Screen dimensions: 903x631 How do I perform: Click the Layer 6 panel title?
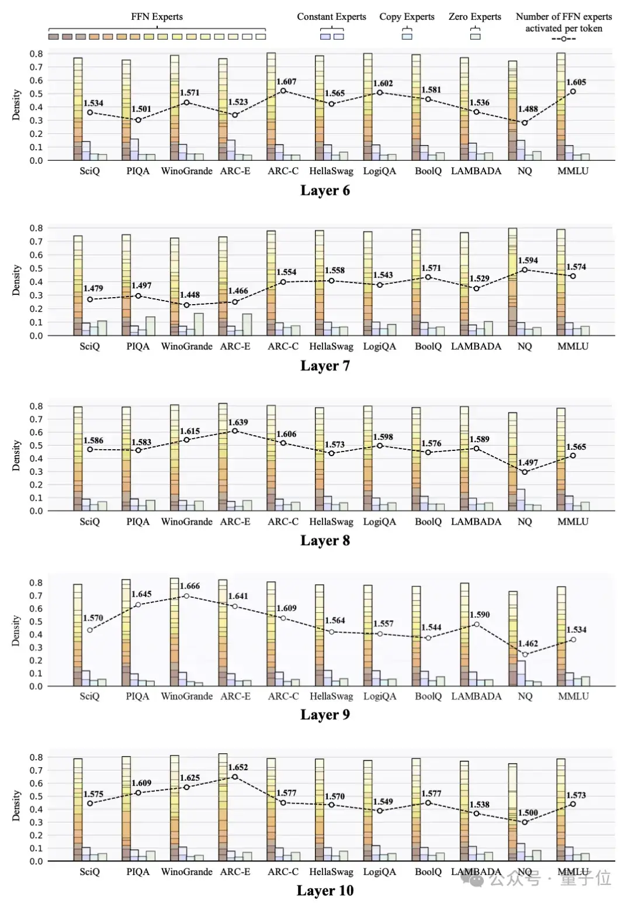click(325, 191)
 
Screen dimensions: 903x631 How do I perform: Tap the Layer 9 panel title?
click(325, 715)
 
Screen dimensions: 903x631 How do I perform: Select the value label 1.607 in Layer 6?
click(286, 82)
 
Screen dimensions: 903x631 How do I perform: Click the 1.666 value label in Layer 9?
click(190, 586)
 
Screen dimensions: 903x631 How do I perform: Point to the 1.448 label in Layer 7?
click(190, 295)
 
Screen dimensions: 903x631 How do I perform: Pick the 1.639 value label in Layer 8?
click(238, 422)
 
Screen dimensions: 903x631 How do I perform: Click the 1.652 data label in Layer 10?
click(238, 767)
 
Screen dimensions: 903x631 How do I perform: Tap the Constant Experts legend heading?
click(331, 17)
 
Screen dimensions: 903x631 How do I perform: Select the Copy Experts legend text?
click(407, 17)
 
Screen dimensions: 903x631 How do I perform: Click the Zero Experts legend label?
click(474, 17)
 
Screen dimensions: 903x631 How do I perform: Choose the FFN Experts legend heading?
click(157, 17)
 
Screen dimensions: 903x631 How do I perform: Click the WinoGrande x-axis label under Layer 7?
click(186, 346)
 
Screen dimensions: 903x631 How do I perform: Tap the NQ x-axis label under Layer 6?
click(525, 171)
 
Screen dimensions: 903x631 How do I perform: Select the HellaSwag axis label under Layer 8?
click(331, 522)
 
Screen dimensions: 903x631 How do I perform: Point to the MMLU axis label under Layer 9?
click(573, 697)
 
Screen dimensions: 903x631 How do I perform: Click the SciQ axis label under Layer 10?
click(89, 871)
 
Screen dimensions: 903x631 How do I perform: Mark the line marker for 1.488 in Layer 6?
click(525, 123)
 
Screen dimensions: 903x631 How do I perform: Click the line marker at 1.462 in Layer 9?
click(525, 654)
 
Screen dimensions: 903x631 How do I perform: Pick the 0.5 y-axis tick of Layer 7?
click(36, 268)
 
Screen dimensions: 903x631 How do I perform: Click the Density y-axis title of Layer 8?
click(16, 456)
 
